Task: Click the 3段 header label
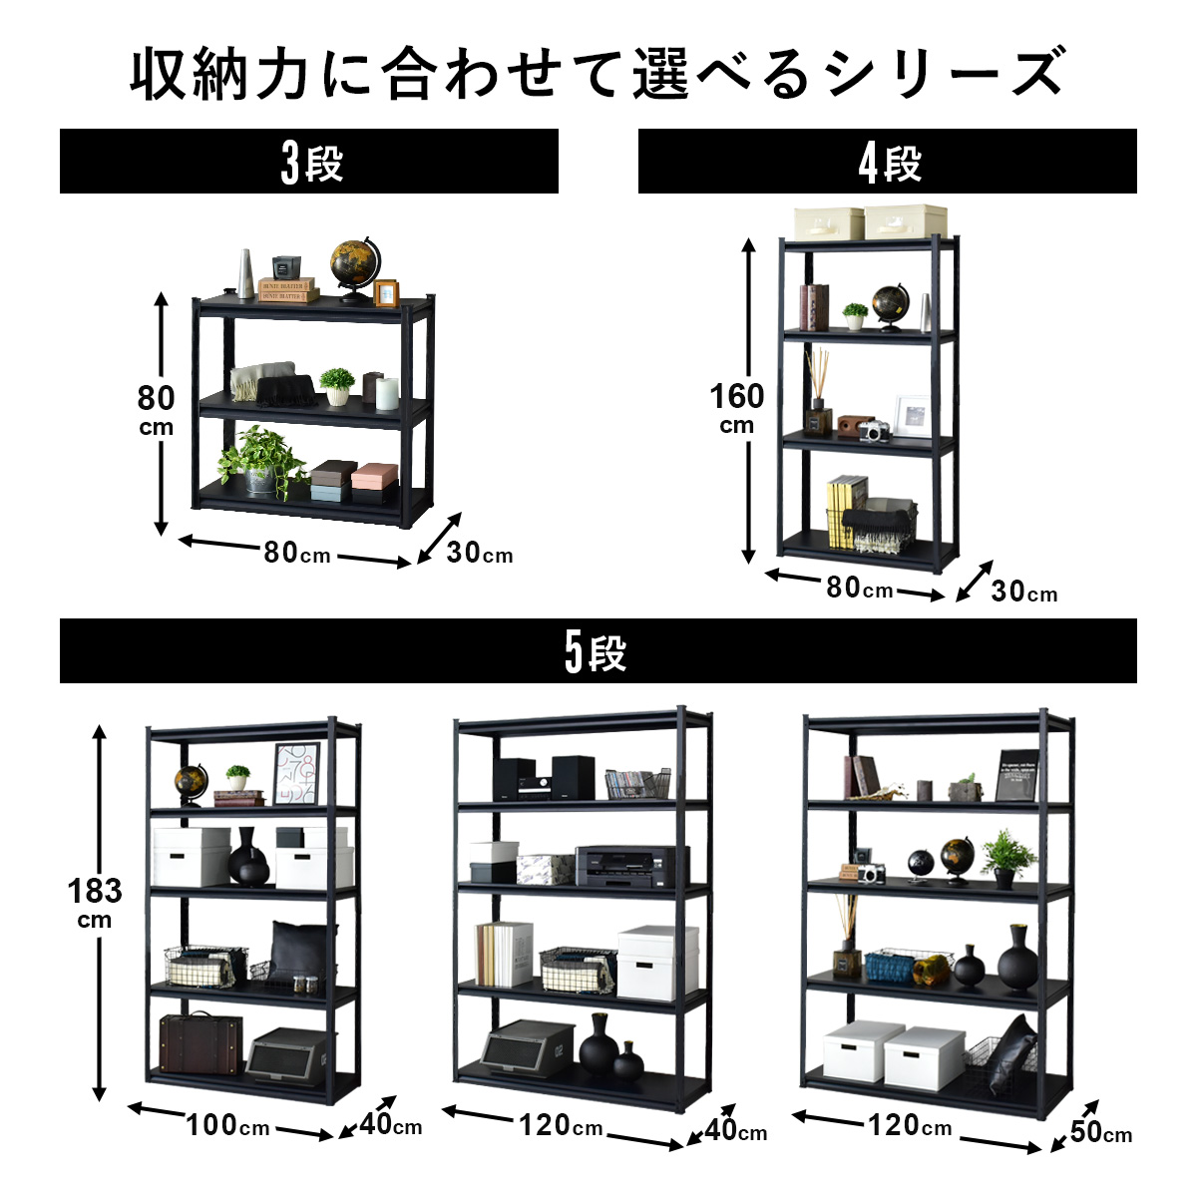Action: (310, 163)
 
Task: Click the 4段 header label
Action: (889, 163)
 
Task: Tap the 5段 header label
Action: (596, 653)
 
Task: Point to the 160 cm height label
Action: (737, 407)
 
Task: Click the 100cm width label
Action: (228, 1126)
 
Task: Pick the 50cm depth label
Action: (1101, 1132)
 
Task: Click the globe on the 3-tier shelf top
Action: (354, 263)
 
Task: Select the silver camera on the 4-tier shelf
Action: (874, 431)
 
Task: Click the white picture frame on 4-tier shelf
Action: (911, 416)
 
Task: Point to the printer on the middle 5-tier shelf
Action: (631, 866)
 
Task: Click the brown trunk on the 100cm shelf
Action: (200, 1044)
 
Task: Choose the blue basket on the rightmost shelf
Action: (895, 966)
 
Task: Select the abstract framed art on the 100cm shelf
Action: (296, 773)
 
